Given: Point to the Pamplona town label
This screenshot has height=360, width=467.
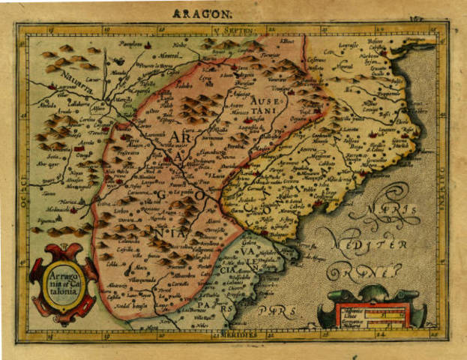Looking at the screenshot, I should pos(131,45).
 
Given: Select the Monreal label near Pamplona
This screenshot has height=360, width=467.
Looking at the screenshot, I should pos(169,55).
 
